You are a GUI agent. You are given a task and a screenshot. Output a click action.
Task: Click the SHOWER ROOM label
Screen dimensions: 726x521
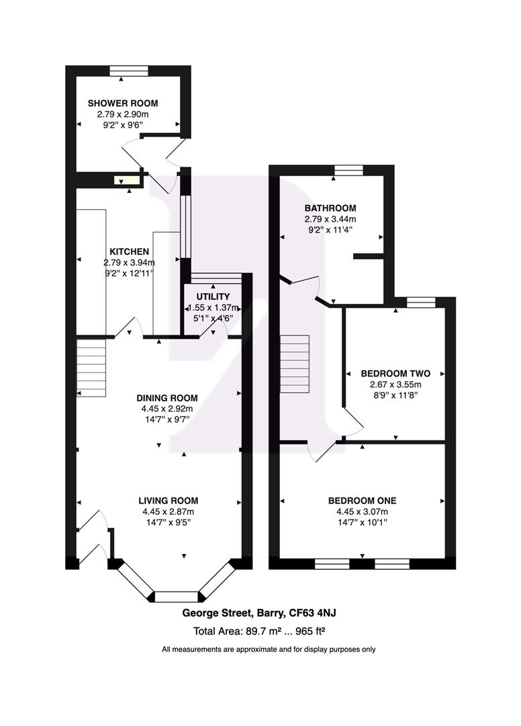(123, 104)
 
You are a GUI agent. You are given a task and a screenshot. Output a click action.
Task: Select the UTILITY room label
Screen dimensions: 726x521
(213, 296)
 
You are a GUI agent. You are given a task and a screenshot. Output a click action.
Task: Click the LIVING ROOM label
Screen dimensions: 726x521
(168, 500)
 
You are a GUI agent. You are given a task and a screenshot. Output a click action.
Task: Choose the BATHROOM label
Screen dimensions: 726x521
(330, 208)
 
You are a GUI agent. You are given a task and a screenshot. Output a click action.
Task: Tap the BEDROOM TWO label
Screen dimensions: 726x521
(395, 373)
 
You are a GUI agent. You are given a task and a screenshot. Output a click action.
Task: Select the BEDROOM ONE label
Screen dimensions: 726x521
(362, 500)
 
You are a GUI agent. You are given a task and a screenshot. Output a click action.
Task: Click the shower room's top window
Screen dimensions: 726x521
(129, 70)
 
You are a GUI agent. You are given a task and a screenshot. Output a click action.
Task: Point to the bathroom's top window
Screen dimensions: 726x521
(348, 169)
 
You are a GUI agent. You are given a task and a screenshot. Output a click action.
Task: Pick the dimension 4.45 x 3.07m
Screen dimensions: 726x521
(362, 512)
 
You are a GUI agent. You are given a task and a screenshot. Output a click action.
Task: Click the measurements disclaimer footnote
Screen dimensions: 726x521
(269, 649)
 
